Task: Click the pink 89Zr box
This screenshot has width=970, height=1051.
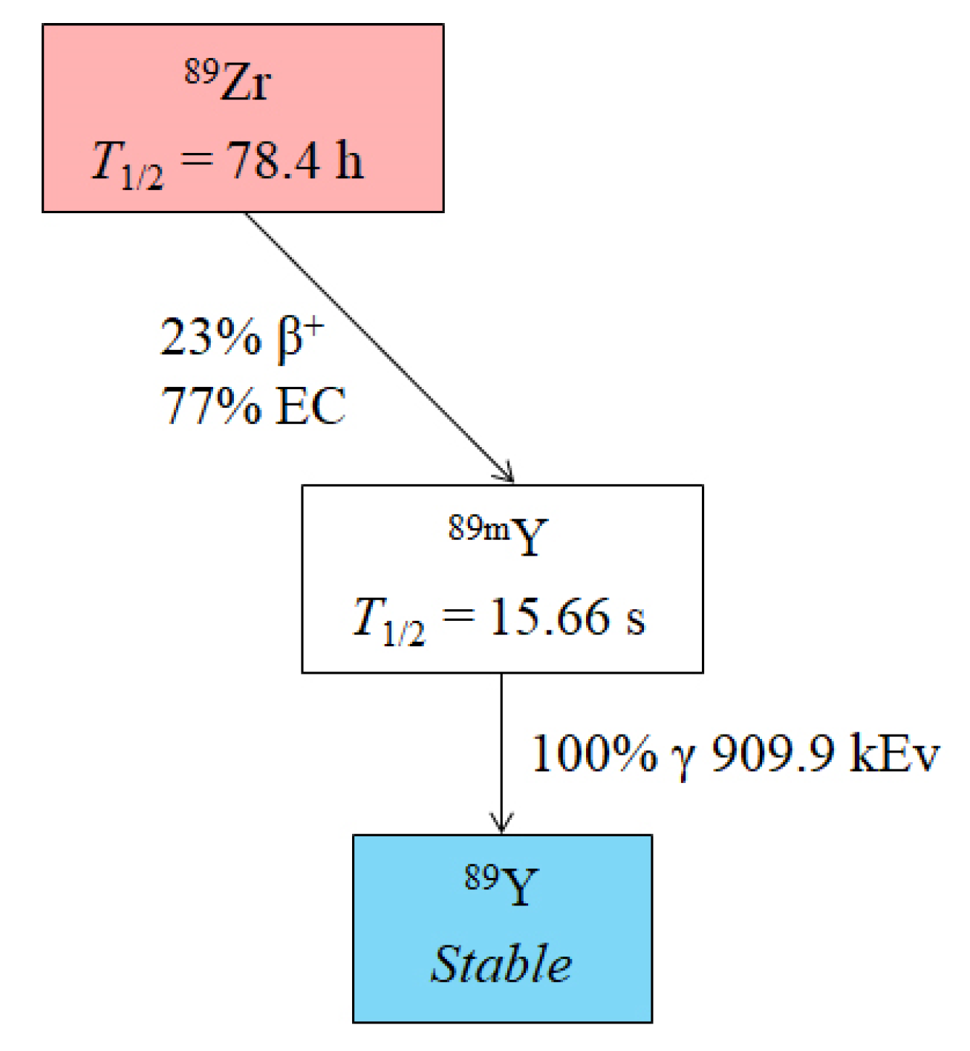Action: click(243, 118)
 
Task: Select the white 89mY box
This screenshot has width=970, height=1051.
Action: click(502, 579)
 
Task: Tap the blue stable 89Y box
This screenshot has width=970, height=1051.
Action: click(502, 928)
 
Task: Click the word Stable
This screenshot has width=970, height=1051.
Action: click(502, 964)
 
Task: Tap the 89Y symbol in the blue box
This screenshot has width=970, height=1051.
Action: click(502, 885)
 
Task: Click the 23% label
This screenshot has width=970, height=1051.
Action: click(211, 337)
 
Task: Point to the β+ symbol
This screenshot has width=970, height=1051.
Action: click(300, 339)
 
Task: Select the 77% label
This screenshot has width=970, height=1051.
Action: click(211, 406)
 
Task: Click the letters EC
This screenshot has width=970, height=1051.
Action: click(310, 406)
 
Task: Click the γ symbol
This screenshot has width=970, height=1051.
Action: click(683, 759)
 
